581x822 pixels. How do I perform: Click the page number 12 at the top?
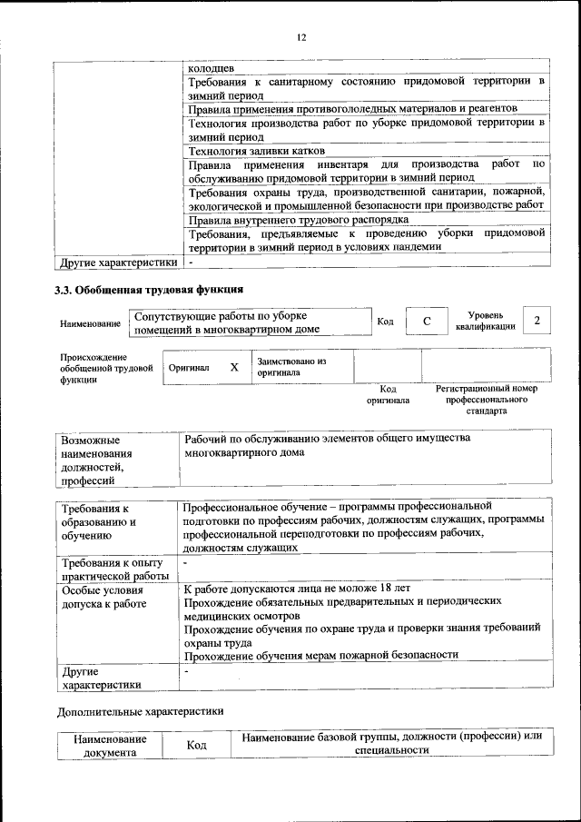[x=301, y=37]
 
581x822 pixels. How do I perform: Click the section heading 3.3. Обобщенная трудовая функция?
[x=150, y=291]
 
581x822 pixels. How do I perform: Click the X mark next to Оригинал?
[x=234, y=368]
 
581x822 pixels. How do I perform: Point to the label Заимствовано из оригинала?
[x=290, y=367]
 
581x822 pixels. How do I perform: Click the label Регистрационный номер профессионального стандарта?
[x=486, y=400]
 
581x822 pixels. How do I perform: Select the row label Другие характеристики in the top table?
[x=118, y=262]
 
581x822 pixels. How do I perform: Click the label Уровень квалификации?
[x=486, y=321]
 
